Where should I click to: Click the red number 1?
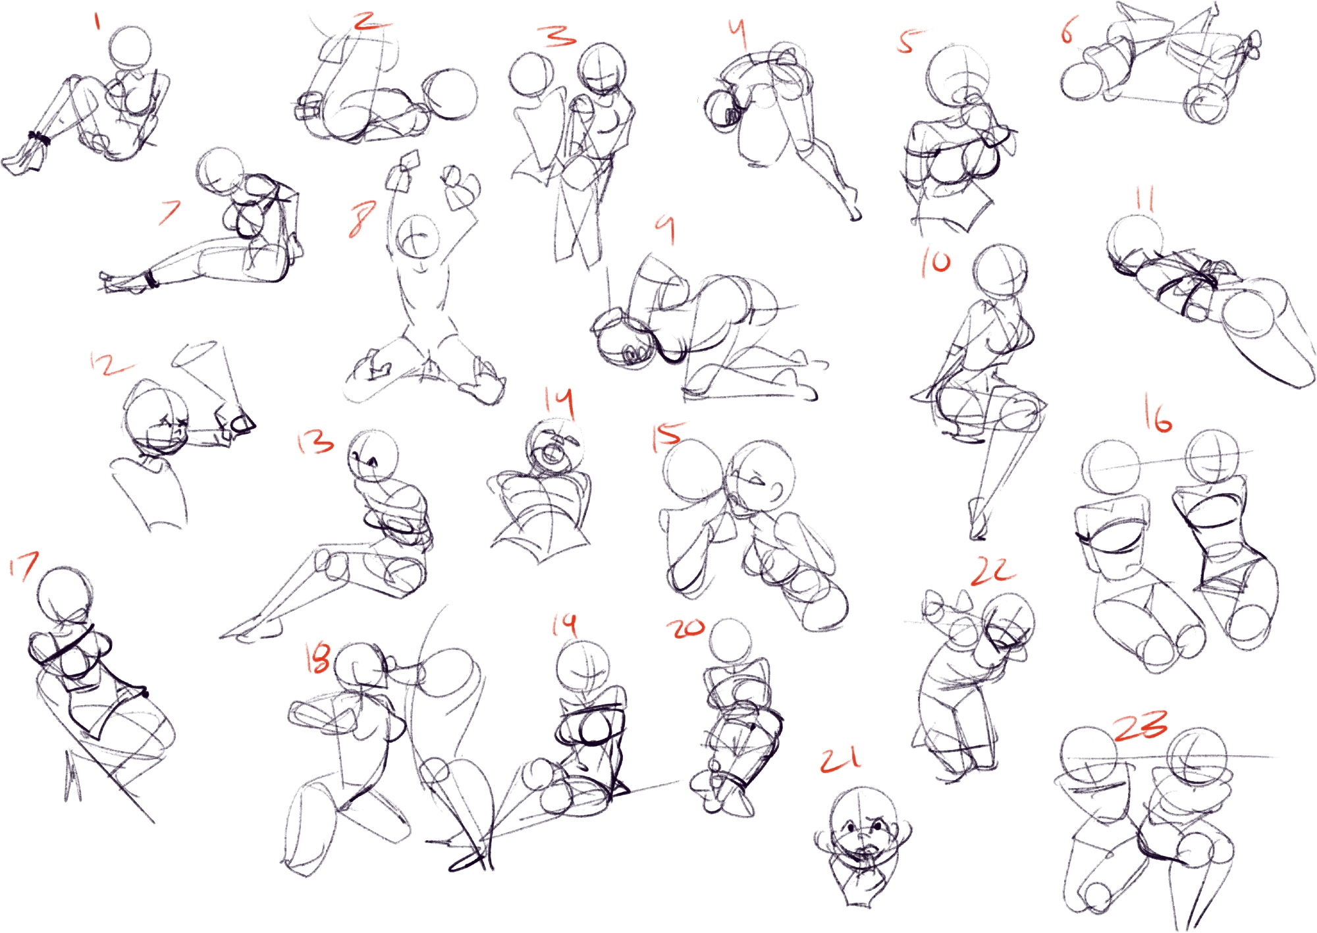click(97, 21)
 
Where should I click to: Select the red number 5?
click(909, 41)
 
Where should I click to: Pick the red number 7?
click(170, 212)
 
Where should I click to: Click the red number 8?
click(362, 219)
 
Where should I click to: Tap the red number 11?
click(1145, 199)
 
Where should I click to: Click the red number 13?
click(315, 442)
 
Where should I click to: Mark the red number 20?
click(685, 628)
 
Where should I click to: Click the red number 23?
click(1141, 725)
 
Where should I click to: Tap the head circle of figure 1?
click(131, 47)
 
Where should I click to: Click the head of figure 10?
click(1000, 271)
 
